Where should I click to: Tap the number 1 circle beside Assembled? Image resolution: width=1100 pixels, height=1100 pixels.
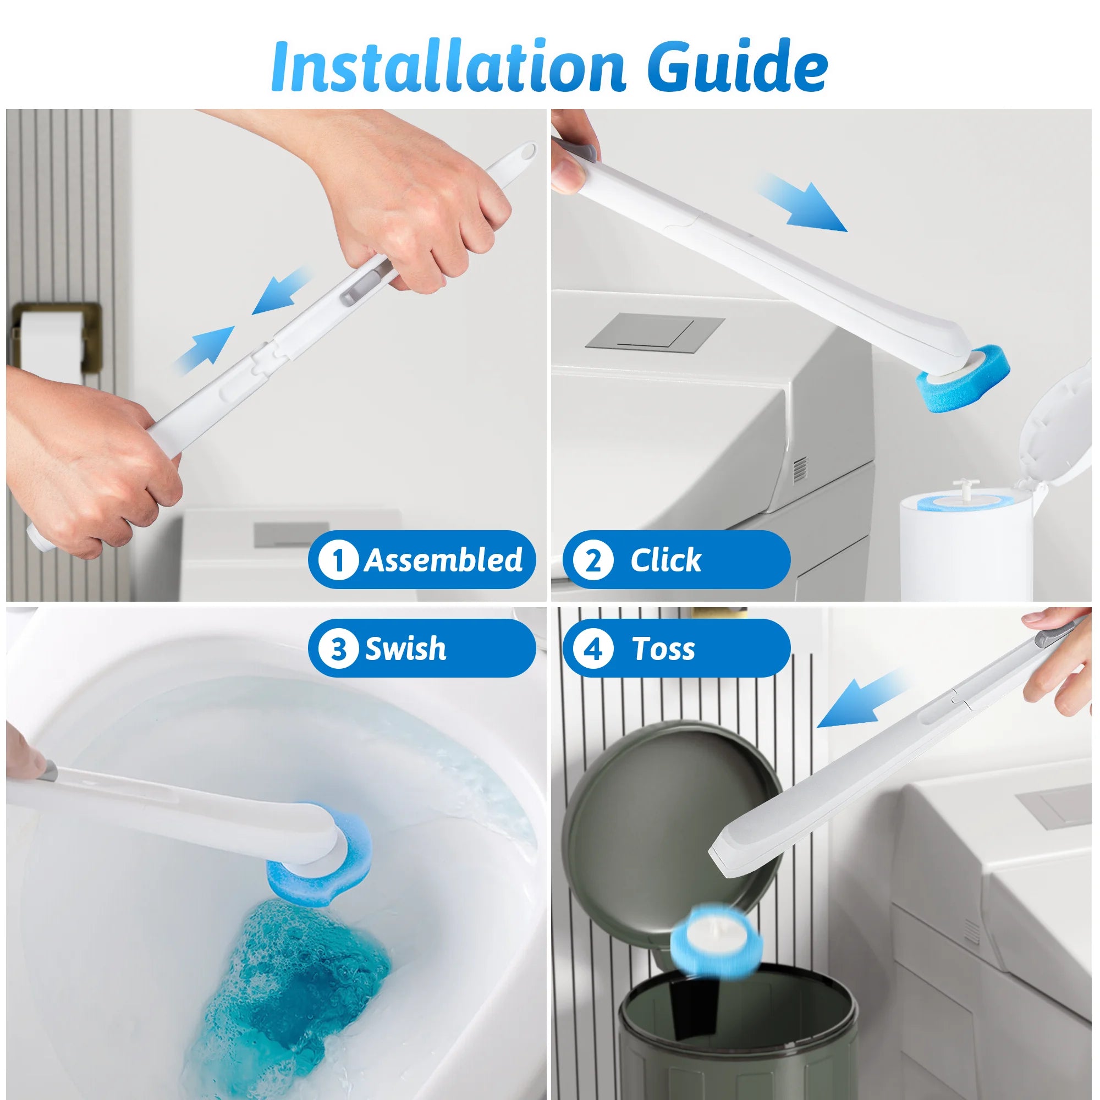click(x=338, y=560)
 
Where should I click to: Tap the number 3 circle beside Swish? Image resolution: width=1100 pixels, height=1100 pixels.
click(x=338, y=648)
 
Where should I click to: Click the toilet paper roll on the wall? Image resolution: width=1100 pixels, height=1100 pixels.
click(x=51, y=342)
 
